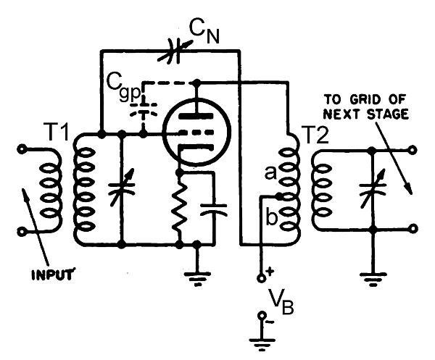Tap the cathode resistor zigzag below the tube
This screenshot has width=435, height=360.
(178, 210)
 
